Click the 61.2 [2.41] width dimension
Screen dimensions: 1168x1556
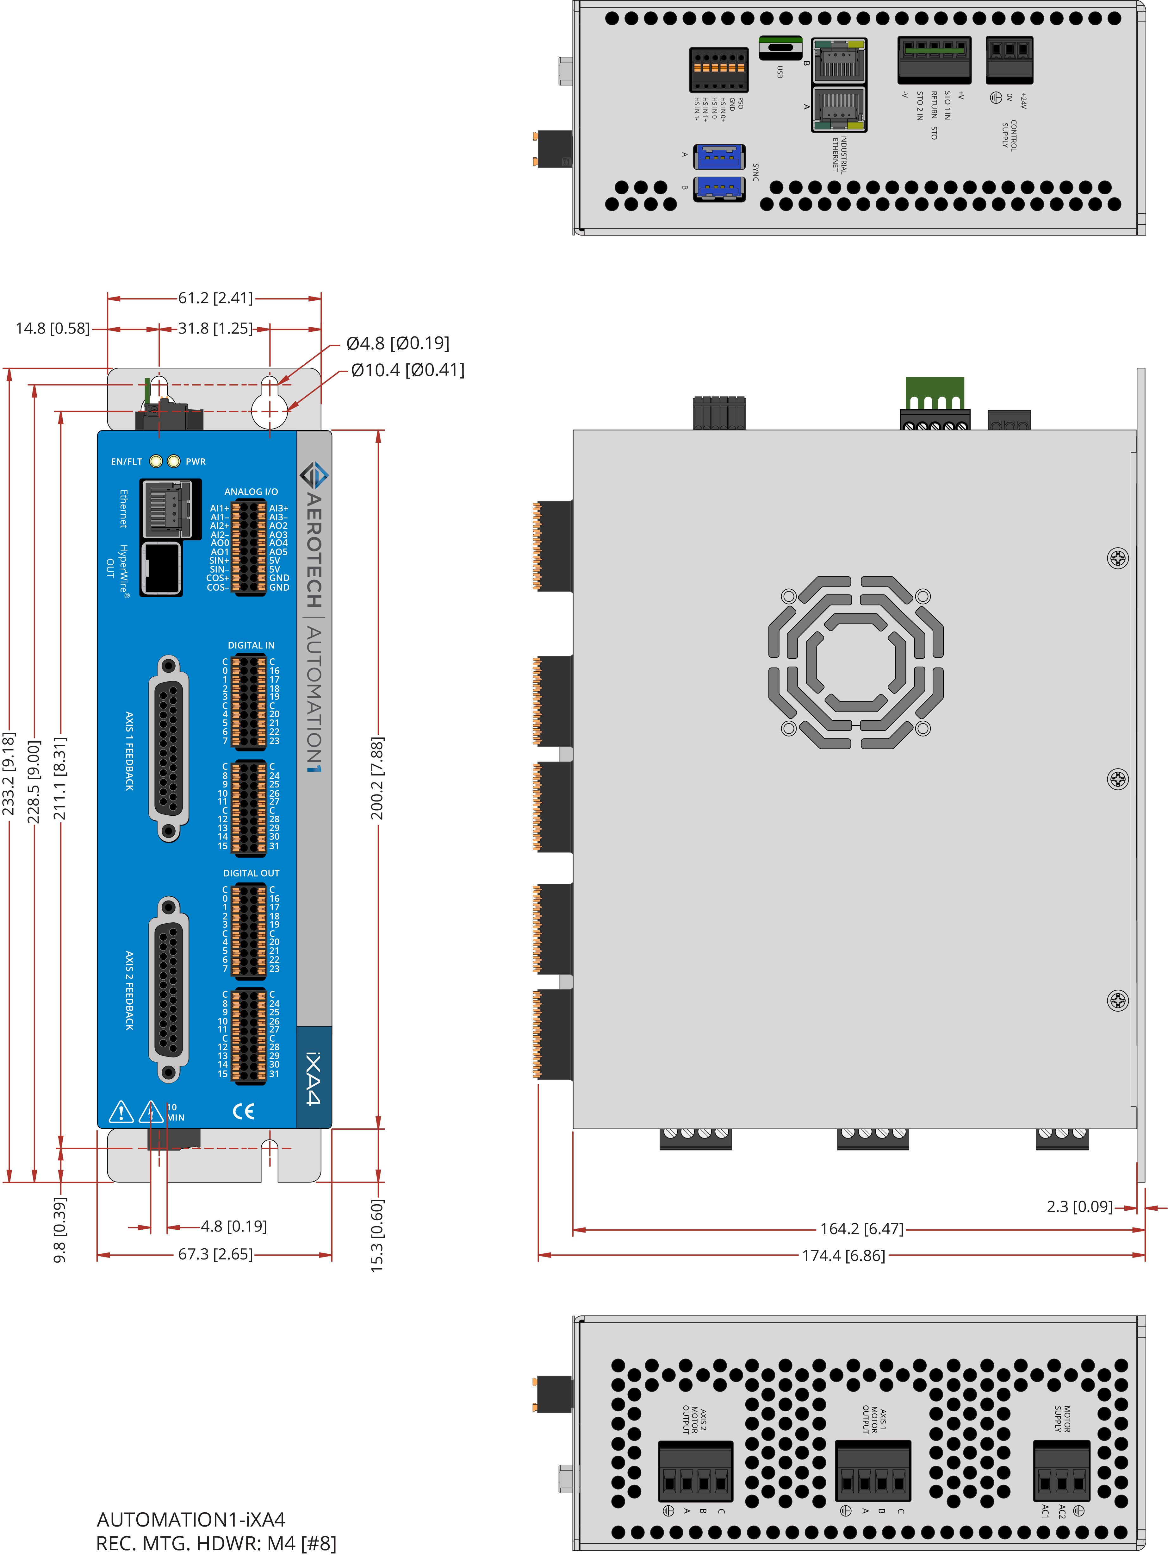click(x=215, y=298)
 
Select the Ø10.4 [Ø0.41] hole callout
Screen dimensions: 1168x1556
click(x=408, y=370)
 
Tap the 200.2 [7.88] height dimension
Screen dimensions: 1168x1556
click(x=378, y=778)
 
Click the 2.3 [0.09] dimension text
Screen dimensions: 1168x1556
click(x=1079, y=1206)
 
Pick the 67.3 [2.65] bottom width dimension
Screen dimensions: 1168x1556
click(x=215, y=1254)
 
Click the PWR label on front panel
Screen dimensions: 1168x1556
click(x=196, y=461)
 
